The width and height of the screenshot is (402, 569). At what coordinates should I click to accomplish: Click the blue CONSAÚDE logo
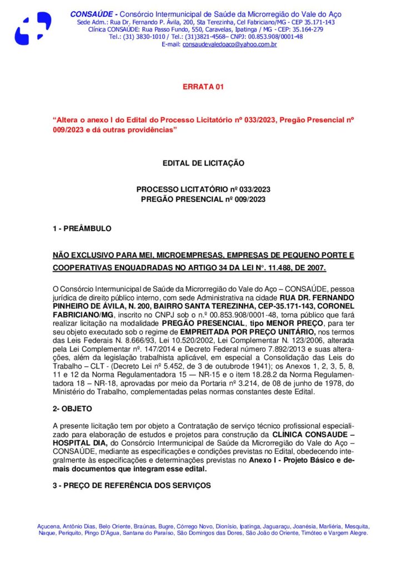pyautogui.click(x=33, y=28)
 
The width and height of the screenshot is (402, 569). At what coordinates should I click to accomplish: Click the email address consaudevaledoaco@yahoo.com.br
pyautogui.click(x=230, y=44)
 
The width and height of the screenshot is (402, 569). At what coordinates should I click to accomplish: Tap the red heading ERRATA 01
pyautogui.click(x=203, y=87)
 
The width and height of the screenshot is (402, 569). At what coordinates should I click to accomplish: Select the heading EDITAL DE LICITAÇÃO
pyautogui.click(x=203, y=163)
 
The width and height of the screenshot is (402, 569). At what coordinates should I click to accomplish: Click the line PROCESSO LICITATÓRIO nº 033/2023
pyautogui.click(x=203, y=189)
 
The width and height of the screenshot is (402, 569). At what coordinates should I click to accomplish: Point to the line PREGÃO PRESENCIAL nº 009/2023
pyautogui.click(x=203, y=199)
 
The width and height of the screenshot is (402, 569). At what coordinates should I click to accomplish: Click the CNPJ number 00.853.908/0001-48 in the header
pyautogui.click(x=274, y=37)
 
